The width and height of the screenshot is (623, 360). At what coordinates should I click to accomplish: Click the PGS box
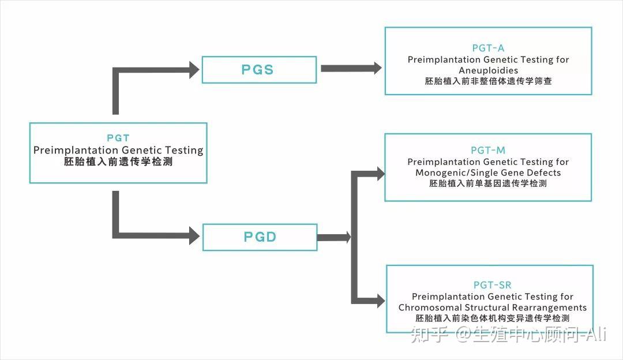[x=259, y=70]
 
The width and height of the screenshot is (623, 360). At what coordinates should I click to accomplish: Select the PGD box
[x=259, y=237]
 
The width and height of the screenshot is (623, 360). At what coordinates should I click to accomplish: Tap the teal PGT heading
[x=118, y=138]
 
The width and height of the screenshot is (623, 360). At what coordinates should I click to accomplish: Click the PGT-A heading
[x=488, y=48]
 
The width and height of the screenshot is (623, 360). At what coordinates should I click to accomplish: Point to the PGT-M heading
[x=488, y=151]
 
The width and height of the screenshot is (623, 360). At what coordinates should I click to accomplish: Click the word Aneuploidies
[x=488, y=70]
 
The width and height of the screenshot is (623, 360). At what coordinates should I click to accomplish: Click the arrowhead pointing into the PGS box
[x=193, y=70]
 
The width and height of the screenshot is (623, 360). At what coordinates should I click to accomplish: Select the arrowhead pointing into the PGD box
[x=194, y=235]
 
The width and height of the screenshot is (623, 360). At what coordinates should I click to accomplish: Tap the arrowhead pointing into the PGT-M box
[x=379, y=172]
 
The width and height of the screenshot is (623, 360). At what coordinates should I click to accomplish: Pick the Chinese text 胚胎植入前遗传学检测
[x=118, y=163]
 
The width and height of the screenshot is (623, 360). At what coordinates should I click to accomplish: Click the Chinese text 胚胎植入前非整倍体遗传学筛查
[x=488, y=81]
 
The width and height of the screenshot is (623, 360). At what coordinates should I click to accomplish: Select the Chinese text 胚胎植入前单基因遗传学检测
[x=488, y=183]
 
